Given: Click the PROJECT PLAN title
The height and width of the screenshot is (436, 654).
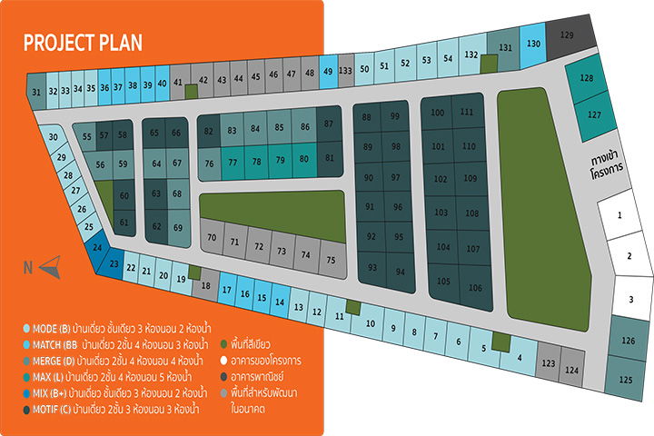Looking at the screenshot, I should pos(83,43).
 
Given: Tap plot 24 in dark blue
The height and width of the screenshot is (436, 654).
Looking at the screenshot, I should pos(97,246).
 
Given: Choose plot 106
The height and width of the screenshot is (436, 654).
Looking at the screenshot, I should pos(474,288).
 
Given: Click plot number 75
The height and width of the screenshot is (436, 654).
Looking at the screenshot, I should pos(331,260).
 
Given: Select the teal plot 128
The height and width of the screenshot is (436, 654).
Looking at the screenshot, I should pos(587,79).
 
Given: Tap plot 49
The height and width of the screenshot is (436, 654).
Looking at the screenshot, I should pos(328,72).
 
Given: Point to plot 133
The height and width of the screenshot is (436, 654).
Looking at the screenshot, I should pos(345,70).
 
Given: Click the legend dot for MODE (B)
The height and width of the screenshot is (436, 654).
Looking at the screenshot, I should pos(27,328).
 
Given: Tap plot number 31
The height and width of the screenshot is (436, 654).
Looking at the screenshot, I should pos(36,92).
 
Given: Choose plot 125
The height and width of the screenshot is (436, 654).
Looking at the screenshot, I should pos(626,380).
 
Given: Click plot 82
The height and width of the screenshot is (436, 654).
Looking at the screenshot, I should pos(210,132).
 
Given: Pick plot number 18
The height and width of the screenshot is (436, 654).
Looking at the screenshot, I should pos(206,285).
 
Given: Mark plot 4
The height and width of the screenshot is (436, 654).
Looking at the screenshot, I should pos(519,357).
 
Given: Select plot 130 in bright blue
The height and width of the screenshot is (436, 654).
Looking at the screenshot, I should pos(534,44).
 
